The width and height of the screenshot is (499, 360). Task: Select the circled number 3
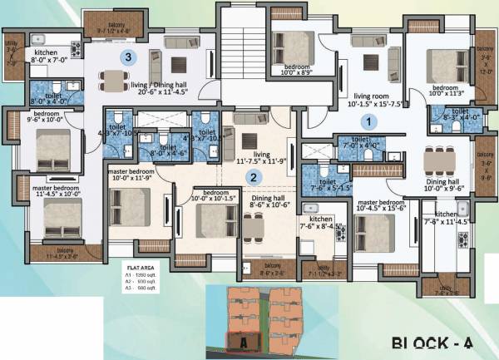pyautogui.click(x=127, y=57)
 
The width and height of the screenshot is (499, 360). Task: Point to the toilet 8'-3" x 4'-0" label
pyautogui.click(x=449, y=117)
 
